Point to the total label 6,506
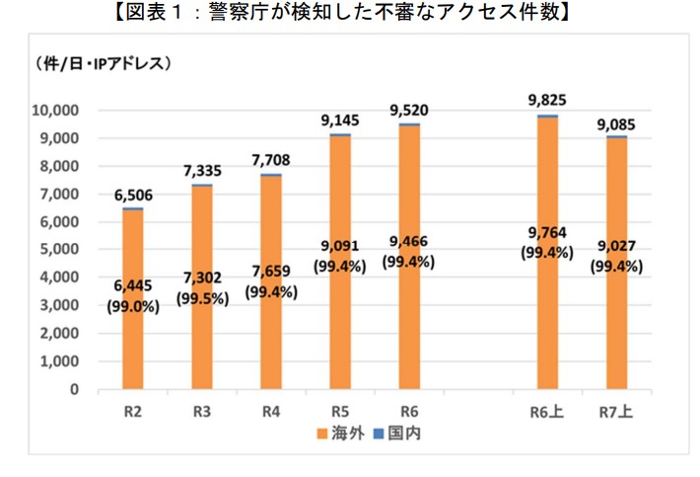tap(133, 195)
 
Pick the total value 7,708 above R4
tap(270, 160)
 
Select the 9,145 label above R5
tap(340, 120)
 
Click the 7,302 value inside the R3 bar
tap(202, 279)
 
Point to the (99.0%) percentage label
tap(132, 306)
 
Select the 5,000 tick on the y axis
tap(65, 250)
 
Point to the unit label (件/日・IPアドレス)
tap(105, 64)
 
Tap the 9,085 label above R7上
tap(615, 124)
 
